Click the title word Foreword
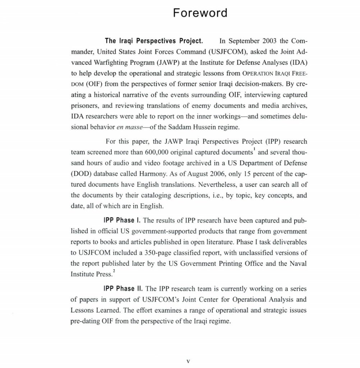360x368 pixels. (200, 13)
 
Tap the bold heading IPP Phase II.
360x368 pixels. (123, 288)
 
